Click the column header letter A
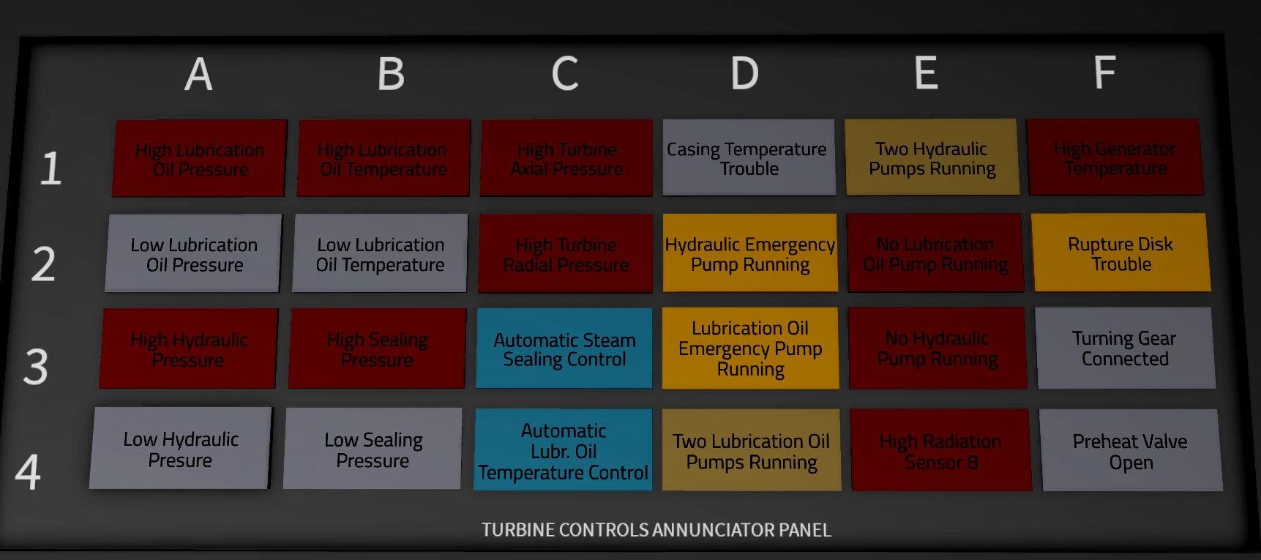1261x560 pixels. pyautogui.click(x=198, y=75)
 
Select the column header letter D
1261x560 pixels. pyautogui.click(x=744, y=73)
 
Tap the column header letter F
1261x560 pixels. pyautogui.click(x=1104, y=72)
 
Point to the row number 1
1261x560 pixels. pyautogui.click(x=50, y=168)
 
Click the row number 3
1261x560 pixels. pyautogui.click(x=35, y=366)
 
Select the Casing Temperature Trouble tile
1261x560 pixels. pyautogui.click(x=748, y=158)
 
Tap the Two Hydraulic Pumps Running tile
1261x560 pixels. pyautogui.click(x=932, y=158)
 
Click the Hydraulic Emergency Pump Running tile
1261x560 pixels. pyautogui.click(x=750, y=253)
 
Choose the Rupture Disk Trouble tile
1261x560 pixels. pyautogui.click(x=1120, y=253)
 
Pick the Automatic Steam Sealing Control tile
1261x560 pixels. pyautogui.click(x=564, y=348)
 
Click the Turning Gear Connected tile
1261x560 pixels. pyautogui.click(x=1125, y=348)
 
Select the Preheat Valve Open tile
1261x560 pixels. pyautogui.click(x=1131, y=451)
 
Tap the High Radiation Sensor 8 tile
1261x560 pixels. pyautogui.click(x=940, y=451)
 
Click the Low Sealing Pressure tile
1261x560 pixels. pyautogui.click(x=373, y=449)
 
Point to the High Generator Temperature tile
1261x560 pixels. pyautogui.click(x=1115, y=158)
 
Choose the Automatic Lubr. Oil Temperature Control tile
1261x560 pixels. pyautogui.click(x=563, y=450)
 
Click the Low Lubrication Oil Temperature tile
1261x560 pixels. pyautogui.click(x=380, y=254)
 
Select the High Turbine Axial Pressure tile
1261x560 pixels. pyautogui.click(x=566, y=159)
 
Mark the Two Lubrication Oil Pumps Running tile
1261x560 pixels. pyautogui.click(x=752, y=451)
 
